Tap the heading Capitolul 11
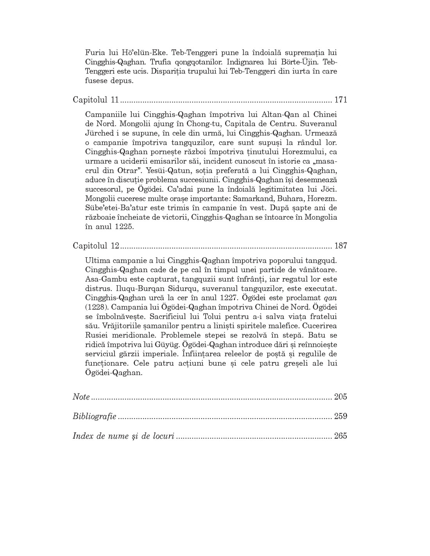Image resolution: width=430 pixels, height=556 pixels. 95,100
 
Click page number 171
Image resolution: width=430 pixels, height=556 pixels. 340,100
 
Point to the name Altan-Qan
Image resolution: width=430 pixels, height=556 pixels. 267,114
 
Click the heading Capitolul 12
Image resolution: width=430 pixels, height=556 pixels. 95,246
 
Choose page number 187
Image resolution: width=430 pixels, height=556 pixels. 340,246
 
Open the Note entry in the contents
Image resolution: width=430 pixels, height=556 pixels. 81,397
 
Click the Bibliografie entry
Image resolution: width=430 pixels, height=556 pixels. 94,416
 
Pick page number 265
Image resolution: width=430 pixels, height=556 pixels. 340,436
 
